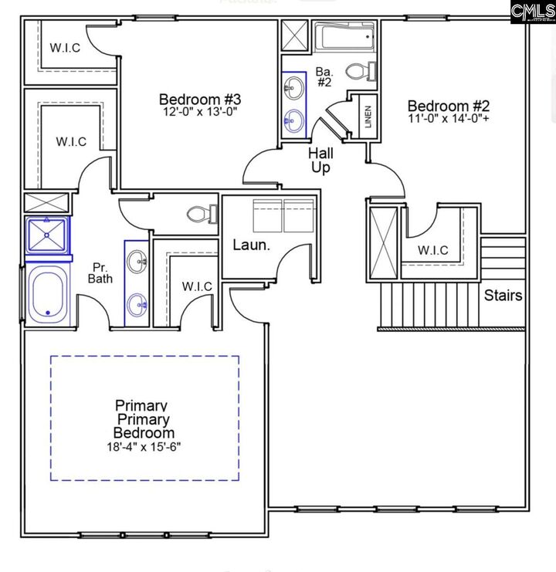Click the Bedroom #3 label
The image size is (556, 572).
tap(200, 100)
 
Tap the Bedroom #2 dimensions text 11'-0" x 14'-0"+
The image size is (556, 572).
tap(449, 118)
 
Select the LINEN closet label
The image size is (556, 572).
tap(368, 117)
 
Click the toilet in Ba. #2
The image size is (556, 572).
tap(361, 71)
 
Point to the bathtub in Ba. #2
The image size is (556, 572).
tap(345, 36)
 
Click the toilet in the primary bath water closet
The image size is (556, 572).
tap(202, 214)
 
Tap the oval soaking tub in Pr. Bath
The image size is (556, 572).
tap(47, 294)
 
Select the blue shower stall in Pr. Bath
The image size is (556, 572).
tap(46, 235)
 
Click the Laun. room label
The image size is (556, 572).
tap(252, 245)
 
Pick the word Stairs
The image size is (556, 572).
tap(503, 295)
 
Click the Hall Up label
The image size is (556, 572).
tap(320, 161)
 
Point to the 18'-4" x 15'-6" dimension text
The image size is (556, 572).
tap(144, 446)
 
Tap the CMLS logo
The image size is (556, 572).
tap(533, 12)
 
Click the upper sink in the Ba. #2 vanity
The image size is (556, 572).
tap(294, 87)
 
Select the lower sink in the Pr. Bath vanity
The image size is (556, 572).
tap(137, 304)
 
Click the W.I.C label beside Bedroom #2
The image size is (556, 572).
tap(433, 250)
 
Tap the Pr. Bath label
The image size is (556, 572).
tap(100, 272)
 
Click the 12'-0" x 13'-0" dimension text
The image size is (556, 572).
tap(200, 111)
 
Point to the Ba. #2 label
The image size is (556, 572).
tap(324, 76)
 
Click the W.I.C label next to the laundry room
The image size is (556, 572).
tap(197, 286)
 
